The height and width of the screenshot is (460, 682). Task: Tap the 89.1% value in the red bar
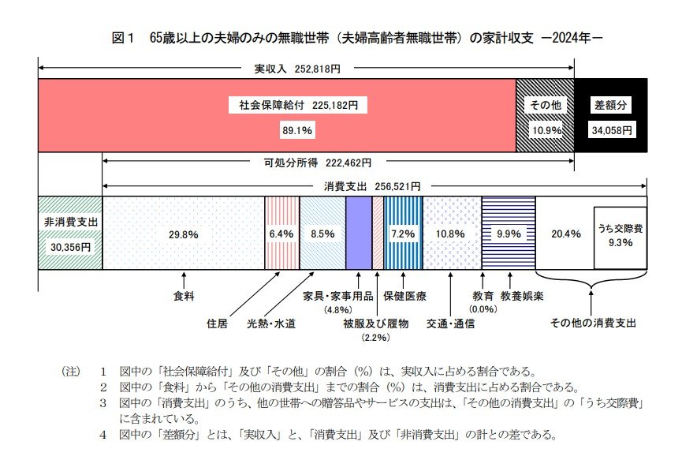[x=297, y=129]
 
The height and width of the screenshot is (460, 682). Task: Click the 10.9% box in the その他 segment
[x=544, y=129]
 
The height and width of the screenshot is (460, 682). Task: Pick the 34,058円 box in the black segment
[x=612, y=130]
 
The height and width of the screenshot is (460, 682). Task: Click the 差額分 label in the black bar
[x=612, y=105]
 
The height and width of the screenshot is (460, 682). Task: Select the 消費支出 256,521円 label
[x=372, y=186]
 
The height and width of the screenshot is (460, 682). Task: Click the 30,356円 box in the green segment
[x=70, y=246]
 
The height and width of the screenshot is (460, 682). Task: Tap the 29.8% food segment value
[x=183, y=234]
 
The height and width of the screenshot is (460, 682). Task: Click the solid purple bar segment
[x=358, y=234]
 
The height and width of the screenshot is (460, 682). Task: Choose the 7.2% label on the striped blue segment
[x=403, y=234]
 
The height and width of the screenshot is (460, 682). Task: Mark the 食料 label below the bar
[x=184, y=297]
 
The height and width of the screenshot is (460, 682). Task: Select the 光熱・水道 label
[x=271, y=323]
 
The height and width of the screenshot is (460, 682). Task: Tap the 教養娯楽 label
[x=516, y=297]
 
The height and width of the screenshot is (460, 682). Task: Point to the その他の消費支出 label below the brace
[x=592, y=323]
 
